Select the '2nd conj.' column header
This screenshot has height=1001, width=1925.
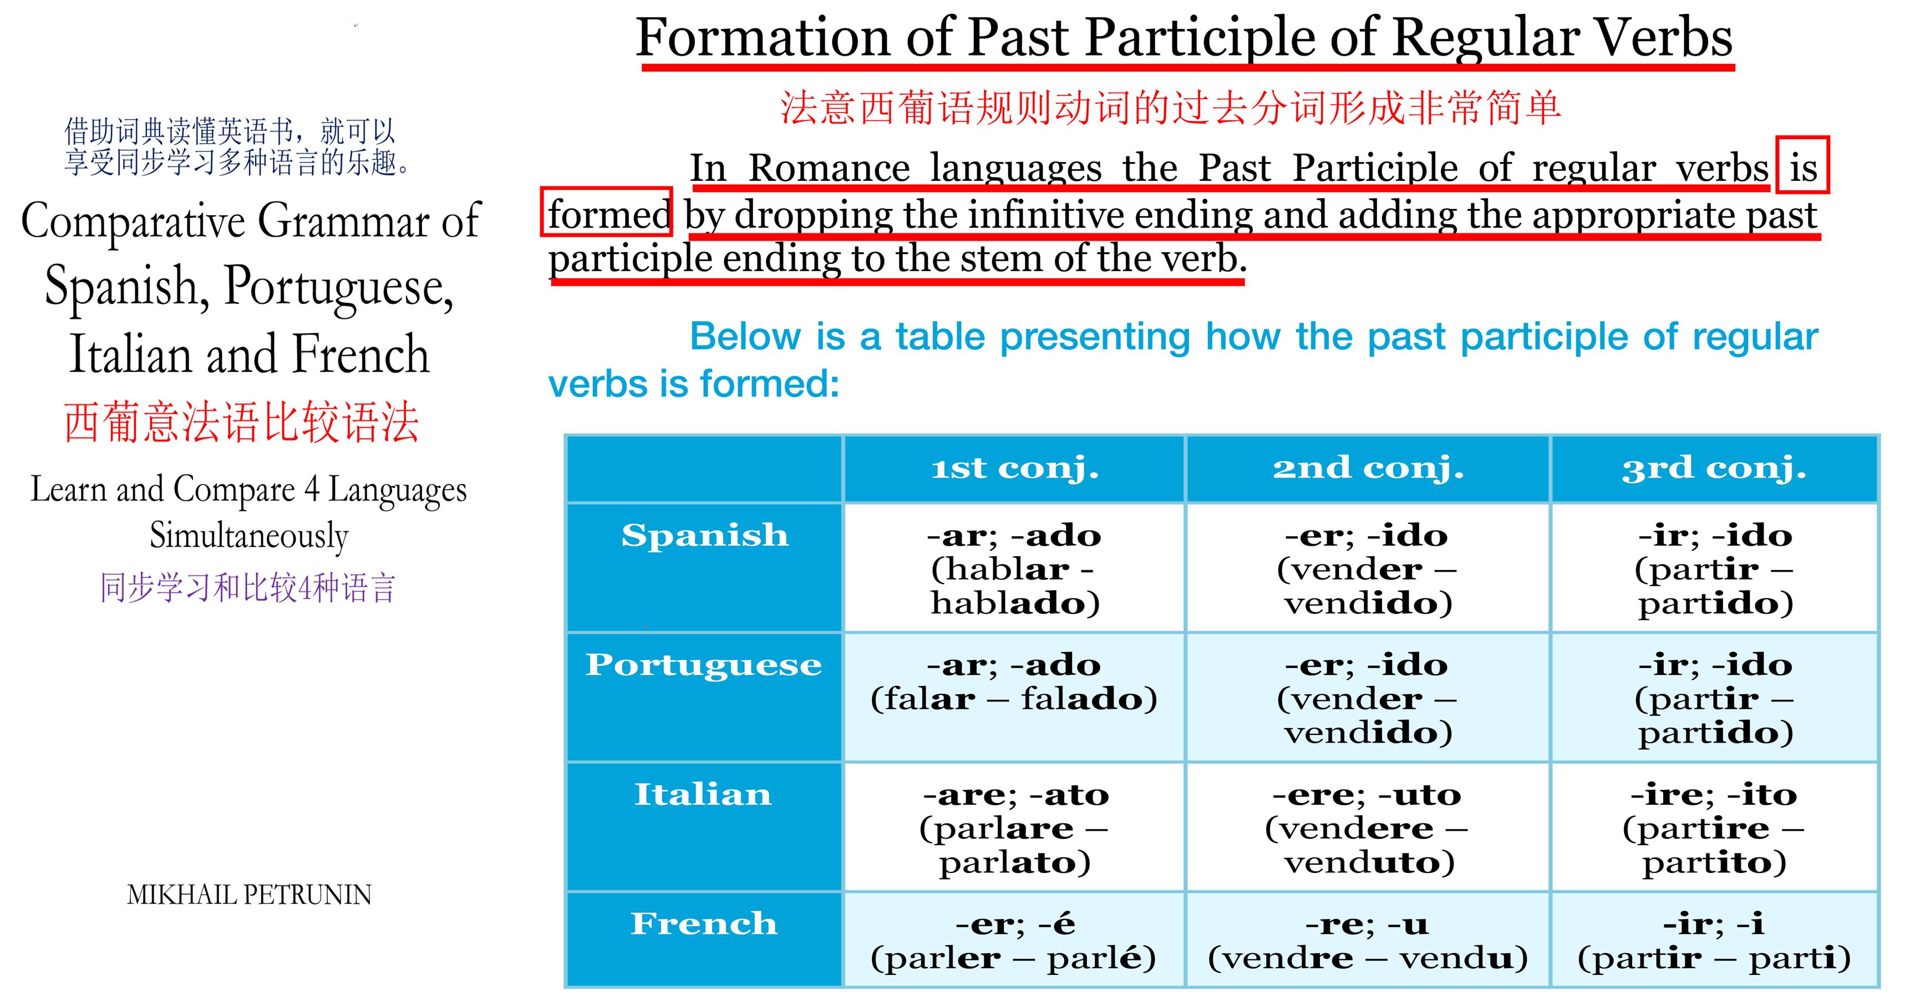coord(1368,469)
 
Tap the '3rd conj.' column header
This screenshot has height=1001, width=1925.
coord(1714,469)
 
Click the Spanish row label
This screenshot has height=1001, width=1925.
coord(705,536)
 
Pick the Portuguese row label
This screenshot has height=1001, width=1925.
coord(704,665)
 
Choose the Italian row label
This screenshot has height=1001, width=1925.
coord(703,794)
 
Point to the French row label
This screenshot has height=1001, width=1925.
coord(704,924)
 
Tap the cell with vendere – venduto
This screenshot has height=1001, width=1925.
coord(1368,827)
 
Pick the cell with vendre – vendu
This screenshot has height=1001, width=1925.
coord(1368,940)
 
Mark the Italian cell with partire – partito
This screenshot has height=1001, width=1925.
coord(1714,827)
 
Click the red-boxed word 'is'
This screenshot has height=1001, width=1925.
coord(1802,165)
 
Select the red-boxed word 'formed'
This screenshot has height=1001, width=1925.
coord(607,212)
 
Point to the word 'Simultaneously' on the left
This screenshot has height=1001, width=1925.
coord(249,536)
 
